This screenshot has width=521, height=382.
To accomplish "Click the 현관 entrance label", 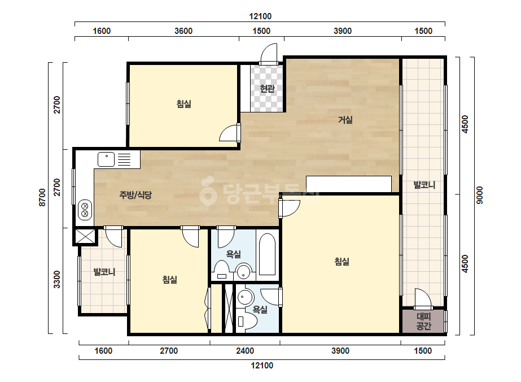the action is pyautogui.click(x=267, y=89).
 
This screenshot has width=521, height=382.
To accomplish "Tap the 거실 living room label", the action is pyautogui.click(x=345, y=119).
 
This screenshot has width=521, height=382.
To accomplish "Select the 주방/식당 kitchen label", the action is pyautogui.click(x=135, y=194).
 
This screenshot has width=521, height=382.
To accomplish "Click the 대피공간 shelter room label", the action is pyautogui.click(x=424, y=321).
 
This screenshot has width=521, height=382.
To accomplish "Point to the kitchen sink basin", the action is pyautogui.click(x=106, y=159).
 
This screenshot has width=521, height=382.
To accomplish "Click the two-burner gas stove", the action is pyautogui.click(x=85, y=209).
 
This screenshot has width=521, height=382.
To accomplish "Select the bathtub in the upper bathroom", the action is pyautogui.click(x=267, y=254).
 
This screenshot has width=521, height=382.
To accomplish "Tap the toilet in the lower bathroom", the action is pyautogui.click(x=248, y=322).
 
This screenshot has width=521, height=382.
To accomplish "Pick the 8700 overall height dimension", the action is pyautogui.click(x=42, y=197).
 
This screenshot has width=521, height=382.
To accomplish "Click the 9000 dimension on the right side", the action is pyautogui.click(x=479, y=196).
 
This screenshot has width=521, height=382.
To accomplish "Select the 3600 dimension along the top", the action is pyautogui.click(x=183, y=31).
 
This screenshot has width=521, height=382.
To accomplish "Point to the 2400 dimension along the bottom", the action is pyautogui.click(x=245, y=351).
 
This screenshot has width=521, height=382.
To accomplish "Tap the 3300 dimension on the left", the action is pyautogui.click(x=57, y=280).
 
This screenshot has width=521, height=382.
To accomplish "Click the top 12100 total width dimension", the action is pyautogui.click(x=260, y=16).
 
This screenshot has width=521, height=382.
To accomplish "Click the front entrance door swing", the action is pyautogui.click(x=269, y=53).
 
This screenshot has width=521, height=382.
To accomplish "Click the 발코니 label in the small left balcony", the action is pyautogui.click(x=104, y=272).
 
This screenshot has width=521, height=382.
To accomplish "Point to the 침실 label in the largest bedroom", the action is pyautogui.click(x=342, y=262).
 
